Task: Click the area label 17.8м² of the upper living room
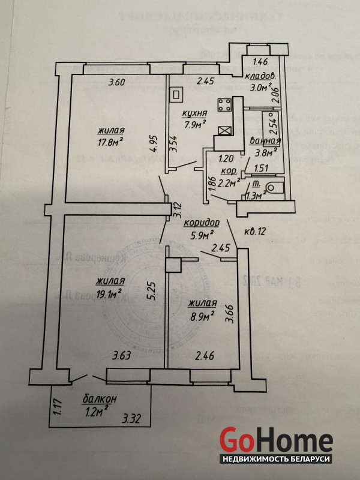tap(110, 142)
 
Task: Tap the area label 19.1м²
tap(109, 293)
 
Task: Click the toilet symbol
tap(274, 188)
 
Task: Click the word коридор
tap(202, 221)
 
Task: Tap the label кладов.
tap(260, 76)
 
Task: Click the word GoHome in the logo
tap(276, 440)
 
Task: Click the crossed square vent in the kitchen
tap(224, 131)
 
